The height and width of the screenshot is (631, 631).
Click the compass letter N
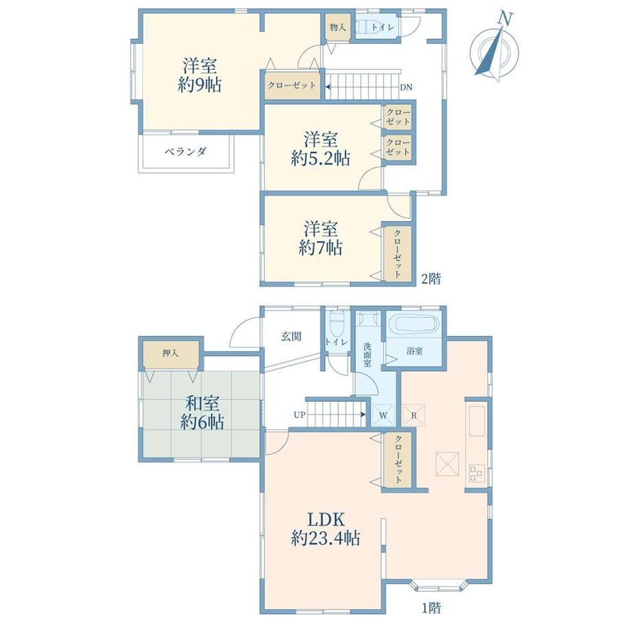505,19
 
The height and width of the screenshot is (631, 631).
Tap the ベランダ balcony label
185,152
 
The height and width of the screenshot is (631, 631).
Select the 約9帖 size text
200,85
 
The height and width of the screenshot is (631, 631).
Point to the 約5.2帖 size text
321,158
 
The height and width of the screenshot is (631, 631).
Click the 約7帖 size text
321,248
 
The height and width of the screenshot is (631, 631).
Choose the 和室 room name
202,403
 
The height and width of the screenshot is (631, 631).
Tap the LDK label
326,519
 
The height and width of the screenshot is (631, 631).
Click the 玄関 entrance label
291,337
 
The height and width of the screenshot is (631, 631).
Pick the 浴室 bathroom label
414,351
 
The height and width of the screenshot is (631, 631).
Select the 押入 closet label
170,353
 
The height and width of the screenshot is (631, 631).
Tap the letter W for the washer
383,416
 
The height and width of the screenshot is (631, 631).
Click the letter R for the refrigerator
414,416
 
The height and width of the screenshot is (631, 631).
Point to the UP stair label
300,414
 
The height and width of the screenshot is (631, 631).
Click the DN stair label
406,87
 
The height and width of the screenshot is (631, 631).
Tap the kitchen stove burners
477,473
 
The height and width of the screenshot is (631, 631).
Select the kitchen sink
477,421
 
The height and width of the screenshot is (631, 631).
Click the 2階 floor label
431,278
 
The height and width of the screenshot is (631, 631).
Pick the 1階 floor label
431,607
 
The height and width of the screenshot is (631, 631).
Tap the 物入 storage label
337,27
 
